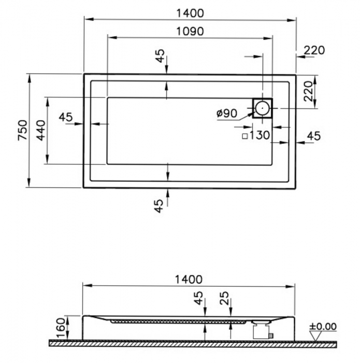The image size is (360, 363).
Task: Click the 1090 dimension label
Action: [190, 32]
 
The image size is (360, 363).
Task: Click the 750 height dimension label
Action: [23, 130]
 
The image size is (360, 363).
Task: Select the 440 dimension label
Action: [41, 130]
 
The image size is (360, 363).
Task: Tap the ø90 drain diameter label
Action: [227, 114]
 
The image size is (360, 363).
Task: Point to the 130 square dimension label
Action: [260, 135]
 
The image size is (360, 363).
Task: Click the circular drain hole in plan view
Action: [263, 108]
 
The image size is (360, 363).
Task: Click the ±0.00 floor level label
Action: [323, 326]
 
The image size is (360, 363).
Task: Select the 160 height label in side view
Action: [61, 328]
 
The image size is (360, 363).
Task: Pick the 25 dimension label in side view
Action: [224, 298]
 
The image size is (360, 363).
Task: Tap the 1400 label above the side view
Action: [189, 280]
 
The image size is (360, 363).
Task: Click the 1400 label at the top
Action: [190, 13]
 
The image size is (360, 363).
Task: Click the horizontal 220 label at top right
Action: [314, 50]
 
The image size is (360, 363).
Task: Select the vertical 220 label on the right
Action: [308, 91]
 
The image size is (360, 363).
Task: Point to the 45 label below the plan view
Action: [159, 206]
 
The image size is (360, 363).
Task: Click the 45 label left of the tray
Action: [66, 117]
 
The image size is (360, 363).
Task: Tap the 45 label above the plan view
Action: [160, 56]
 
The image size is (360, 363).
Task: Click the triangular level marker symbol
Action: [315, 336]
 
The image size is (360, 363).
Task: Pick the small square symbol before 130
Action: [245, 136]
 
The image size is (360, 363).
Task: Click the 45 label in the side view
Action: [198, 298]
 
